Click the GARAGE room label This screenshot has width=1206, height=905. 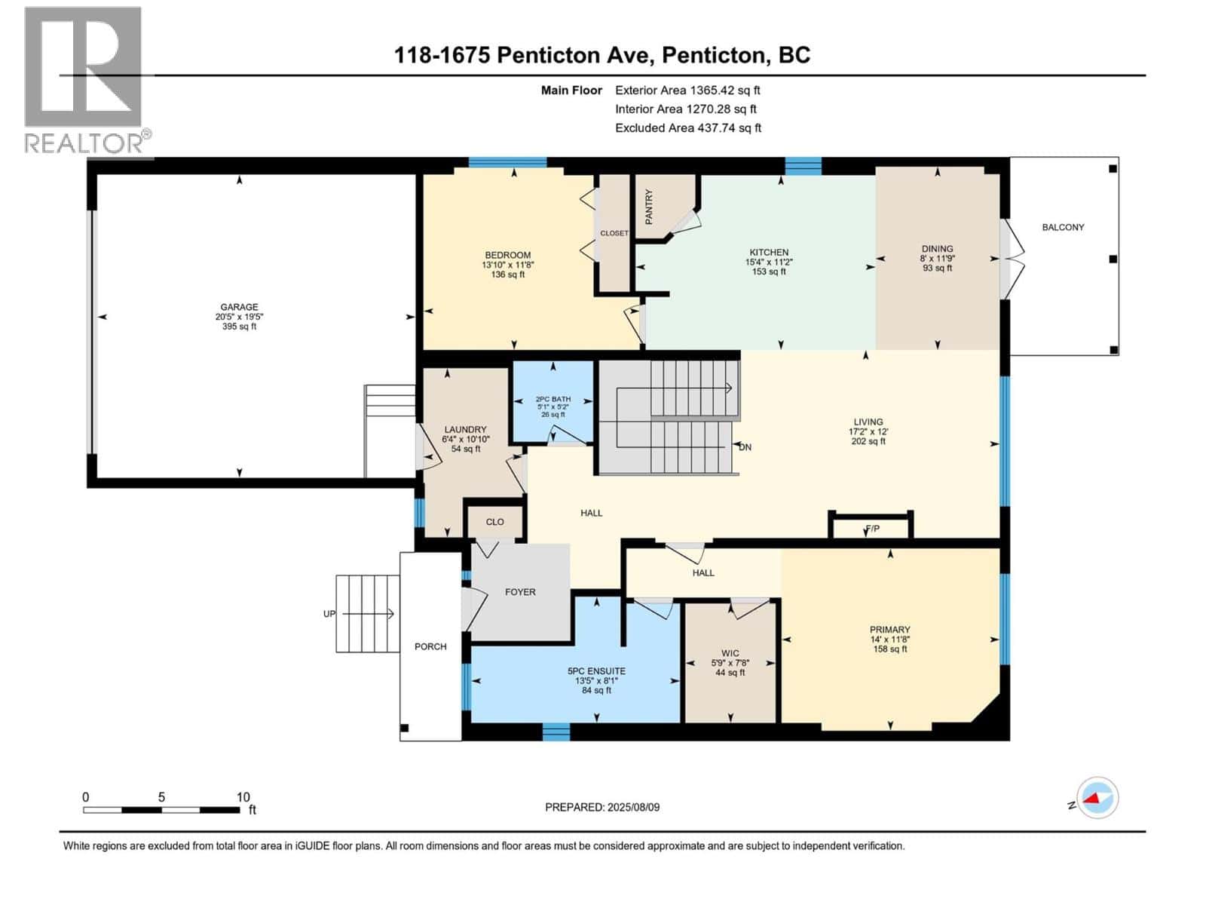click(x=239, y=307)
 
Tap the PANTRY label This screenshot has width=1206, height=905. click(x=649, y=206)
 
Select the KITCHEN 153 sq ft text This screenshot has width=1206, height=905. click(x=769, y=271)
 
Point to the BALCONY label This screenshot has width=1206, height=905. click(x=1063, y=227)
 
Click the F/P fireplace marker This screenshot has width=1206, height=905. click(x=872, y=529)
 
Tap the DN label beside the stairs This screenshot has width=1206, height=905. click(x=745, y=447)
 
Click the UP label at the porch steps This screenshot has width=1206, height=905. click(x=329, y=614)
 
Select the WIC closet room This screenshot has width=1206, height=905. click(x=730, y=662)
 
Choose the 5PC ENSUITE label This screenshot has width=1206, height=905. click(x=596, y=670)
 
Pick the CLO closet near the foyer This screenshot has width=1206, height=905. click(x=494, y=522)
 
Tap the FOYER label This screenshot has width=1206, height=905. click(x=520, y=592)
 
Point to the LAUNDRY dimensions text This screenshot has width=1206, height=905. click(x=466, y=439)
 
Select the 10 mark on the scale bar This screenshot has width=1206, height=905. click(x=243, y=797)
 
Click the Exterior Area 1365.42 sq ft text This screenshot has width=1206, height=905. click(x=687, y=90)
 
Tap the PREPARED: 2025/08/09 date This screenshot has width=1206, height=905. click(x=602, y=807)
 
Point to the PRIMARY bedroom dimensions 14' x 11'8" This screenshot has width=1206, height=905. click(x=889, y=640)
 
